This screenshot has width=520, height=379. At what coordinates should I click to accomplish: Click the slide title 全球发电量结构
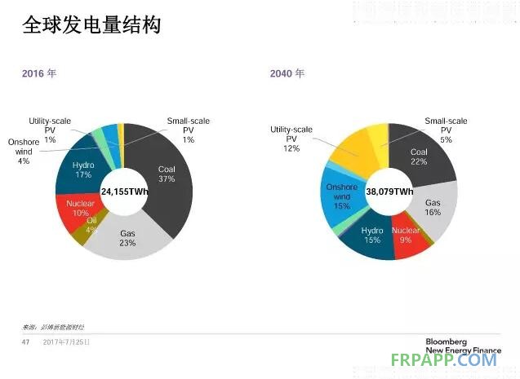point(91,25)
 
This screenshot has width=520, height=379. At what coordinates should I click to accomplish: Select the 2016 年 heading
point(39,73)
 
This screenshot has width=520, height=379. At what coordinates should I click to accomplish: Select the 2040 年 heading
point(287,73)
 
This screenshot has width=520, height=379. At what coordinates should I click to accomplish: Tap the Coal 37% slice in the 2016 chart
point(167,174)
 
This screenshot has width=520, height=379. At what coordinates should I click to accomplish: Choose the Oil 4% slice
point(91,229)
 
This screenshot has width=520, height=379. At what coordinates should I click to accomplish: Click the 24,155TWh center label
point(124,191)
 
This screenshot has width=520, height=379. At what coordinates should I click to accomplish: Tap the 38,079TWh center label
point(389,191)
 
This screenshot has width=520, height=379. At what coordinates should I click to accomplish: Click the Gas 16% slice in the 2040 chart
point(433,209)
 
